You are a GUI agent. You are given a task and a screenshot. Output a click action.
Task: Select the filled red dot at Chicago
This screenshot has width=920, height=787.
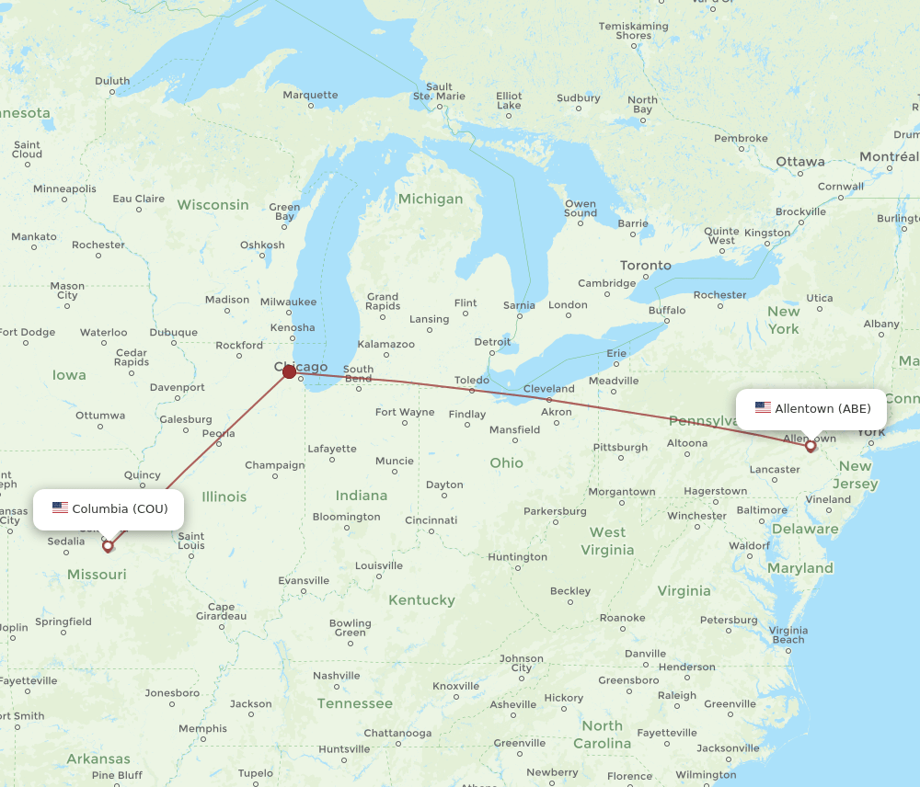pos(290,371)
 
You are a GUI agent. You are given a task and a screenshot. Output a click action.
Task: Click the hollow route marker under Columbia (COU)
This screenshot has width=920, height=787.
pos(108,546)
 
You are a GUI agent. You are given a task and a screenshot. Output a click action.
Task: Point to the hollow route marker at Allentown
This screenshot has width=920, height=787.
pos(811,447)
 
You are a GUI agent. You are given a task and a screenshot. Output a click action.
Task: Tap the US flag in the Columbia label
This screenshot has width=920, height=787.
pos(61,508)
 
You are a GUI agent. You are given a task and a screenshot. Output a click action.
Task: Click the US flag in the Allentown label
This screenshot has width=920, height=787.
pos(763,408)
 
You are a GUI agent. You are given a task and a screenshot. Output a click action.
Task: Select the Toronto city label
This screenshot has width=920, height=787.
pos(645,265)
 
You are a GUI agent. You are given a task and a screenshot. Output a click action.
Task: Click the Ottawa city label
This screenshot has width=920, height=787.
pos(799,162)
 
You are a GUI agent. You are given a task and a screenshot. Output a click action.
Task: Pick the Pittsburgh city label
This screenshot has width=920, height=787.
pos(620,448)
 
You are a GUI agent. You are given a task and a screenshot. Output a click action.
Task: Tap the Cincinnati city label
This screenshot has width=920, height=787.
pos(431,520)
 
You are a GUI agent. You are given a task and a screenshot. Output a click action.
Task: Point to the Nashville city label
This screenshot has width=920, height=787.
pos(336,676)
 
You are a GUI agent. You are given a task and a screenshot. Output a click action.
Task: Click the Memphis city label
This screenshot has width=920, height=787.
pos(202,729)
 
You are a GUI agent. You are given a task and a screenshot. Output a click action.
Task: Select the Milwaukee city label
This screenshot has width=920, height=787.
pos(287,302)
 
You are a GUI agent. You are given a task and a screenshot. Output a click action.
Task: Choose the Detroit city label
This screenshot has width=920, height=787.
pos(492,342)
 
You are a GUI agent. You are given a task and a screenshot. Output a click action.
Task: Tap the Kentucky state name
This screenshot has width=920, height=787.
pos(421,600)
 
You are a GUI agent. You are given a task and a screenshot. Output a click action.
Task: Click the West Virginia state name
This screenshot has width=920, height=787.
pos(607,541)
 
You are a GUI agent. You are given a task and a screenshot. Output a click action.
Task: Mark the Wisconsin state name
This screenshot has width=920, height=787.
pos(213,204)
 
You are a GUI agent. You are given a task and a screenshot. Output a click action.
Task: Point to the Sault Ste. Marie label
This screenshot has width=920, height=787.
pos(439,91)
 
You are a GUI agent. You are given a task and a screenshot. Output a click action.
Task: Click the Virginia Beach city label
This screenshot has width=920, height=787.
pos(788,634)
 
